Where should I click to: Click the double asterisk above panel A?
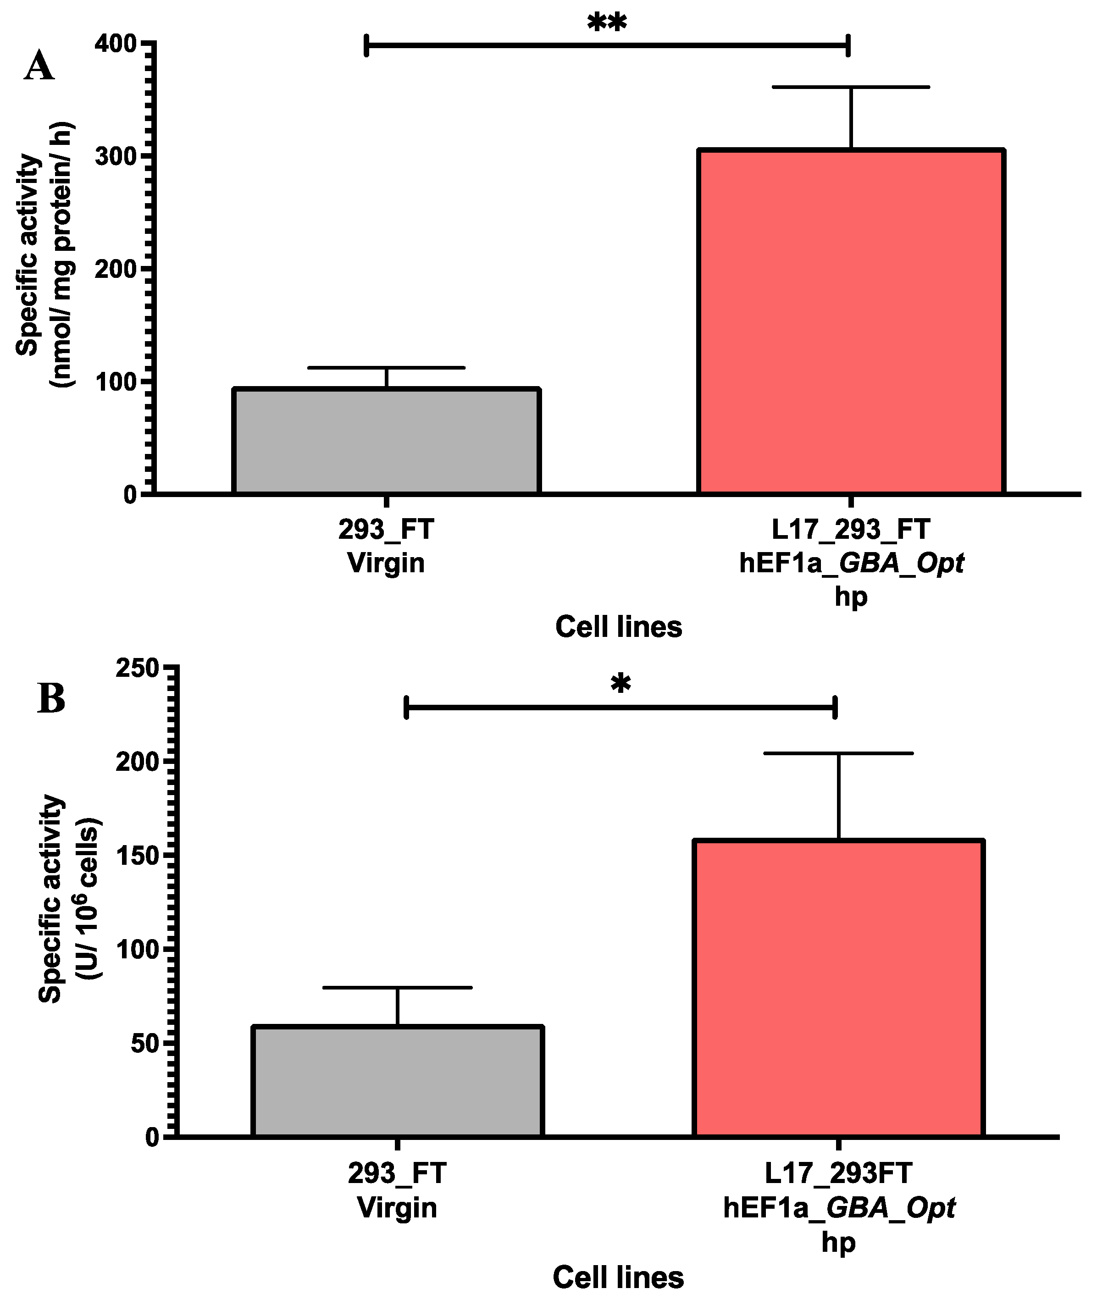607,24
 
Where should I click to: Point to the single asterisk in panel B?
621,685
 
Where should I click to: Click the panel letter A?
39,66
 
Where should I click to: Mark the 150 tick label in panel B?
138,856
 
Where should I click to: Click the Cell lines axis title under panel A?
618,627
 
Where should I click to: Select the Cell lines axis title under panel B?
618,1277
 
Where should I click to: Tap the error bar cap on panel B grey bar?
397,987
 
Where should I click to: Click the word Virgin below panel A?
386,563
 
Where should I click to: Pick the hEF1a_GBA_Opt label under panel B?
838,1207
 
